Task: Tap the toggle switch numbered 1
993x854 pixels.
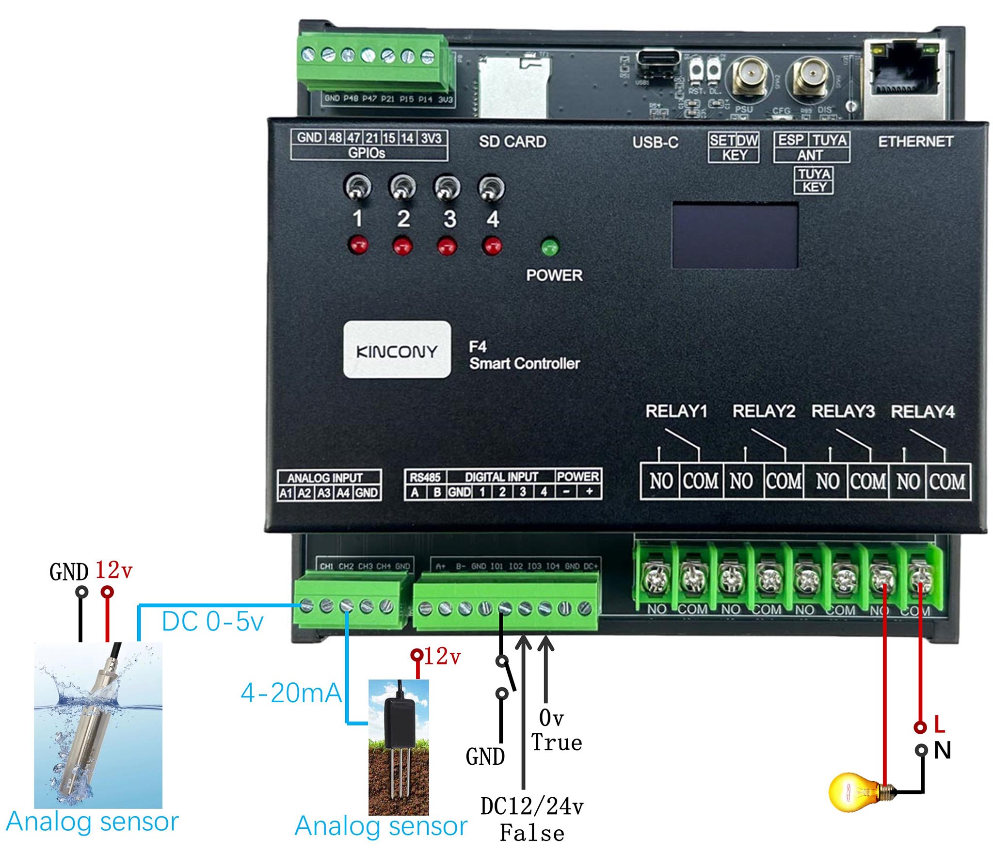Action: click(358, 188)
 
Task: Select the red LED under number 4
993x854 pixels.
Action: click(492, 245)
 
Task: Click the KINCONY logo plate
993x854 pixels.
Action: click(397, 350)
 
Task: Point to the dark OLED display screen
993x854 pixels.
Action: click(735, 236)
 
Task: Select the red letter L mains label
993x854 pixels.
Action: click(939, 725)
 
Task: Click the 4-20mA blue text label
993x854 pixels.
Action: click(291, 693)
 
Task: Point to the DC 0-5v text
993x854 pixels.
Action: click(212, 621)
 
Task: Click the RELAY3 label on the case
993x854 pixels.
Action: click(843, 411)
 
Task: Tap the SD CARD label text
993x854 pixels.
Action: click(513, 142)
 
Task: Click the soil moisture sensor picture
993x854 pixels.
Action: click(399, 747)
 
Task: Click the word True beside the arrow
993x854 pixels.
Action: click(556, 743)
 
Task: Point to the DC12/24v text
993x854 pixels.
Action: click(532, 806)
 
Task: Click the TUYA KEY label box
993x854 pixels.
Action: click(814, 180)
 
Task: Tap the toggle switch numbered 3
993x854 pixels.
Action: click(447, 188)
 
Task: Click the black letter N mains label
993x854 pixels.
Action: click(942, 750)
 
